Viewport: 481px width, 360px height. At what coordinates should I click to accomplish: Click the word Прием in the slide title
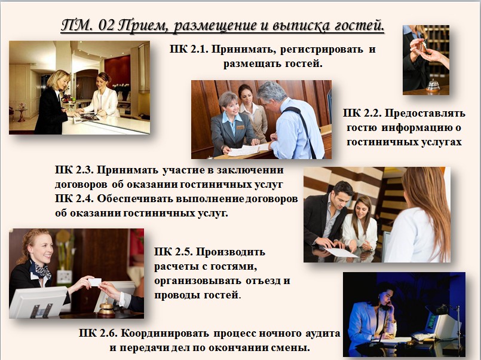coord(152,26)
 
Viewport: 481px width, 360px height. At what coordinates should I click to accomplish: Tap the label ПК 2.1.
coord(188,49)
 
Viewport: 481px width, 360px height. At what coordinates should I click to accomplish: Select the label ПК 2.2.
coord(361,113)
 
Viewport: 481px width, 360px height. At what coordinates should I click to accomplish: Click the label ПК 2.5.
coord(172,252)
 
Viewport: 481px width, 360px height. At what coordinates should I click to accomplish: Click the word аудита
coord(320,333)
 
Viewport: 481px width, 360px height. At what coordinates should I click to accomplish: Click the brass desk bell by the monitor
coord(106,309)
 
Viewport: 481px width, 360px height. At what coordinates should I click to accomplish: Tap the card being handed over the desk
coord(94,280)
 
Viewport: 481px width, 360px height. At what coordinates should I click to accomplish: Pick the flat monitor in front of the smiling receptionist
coord(37,301)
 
